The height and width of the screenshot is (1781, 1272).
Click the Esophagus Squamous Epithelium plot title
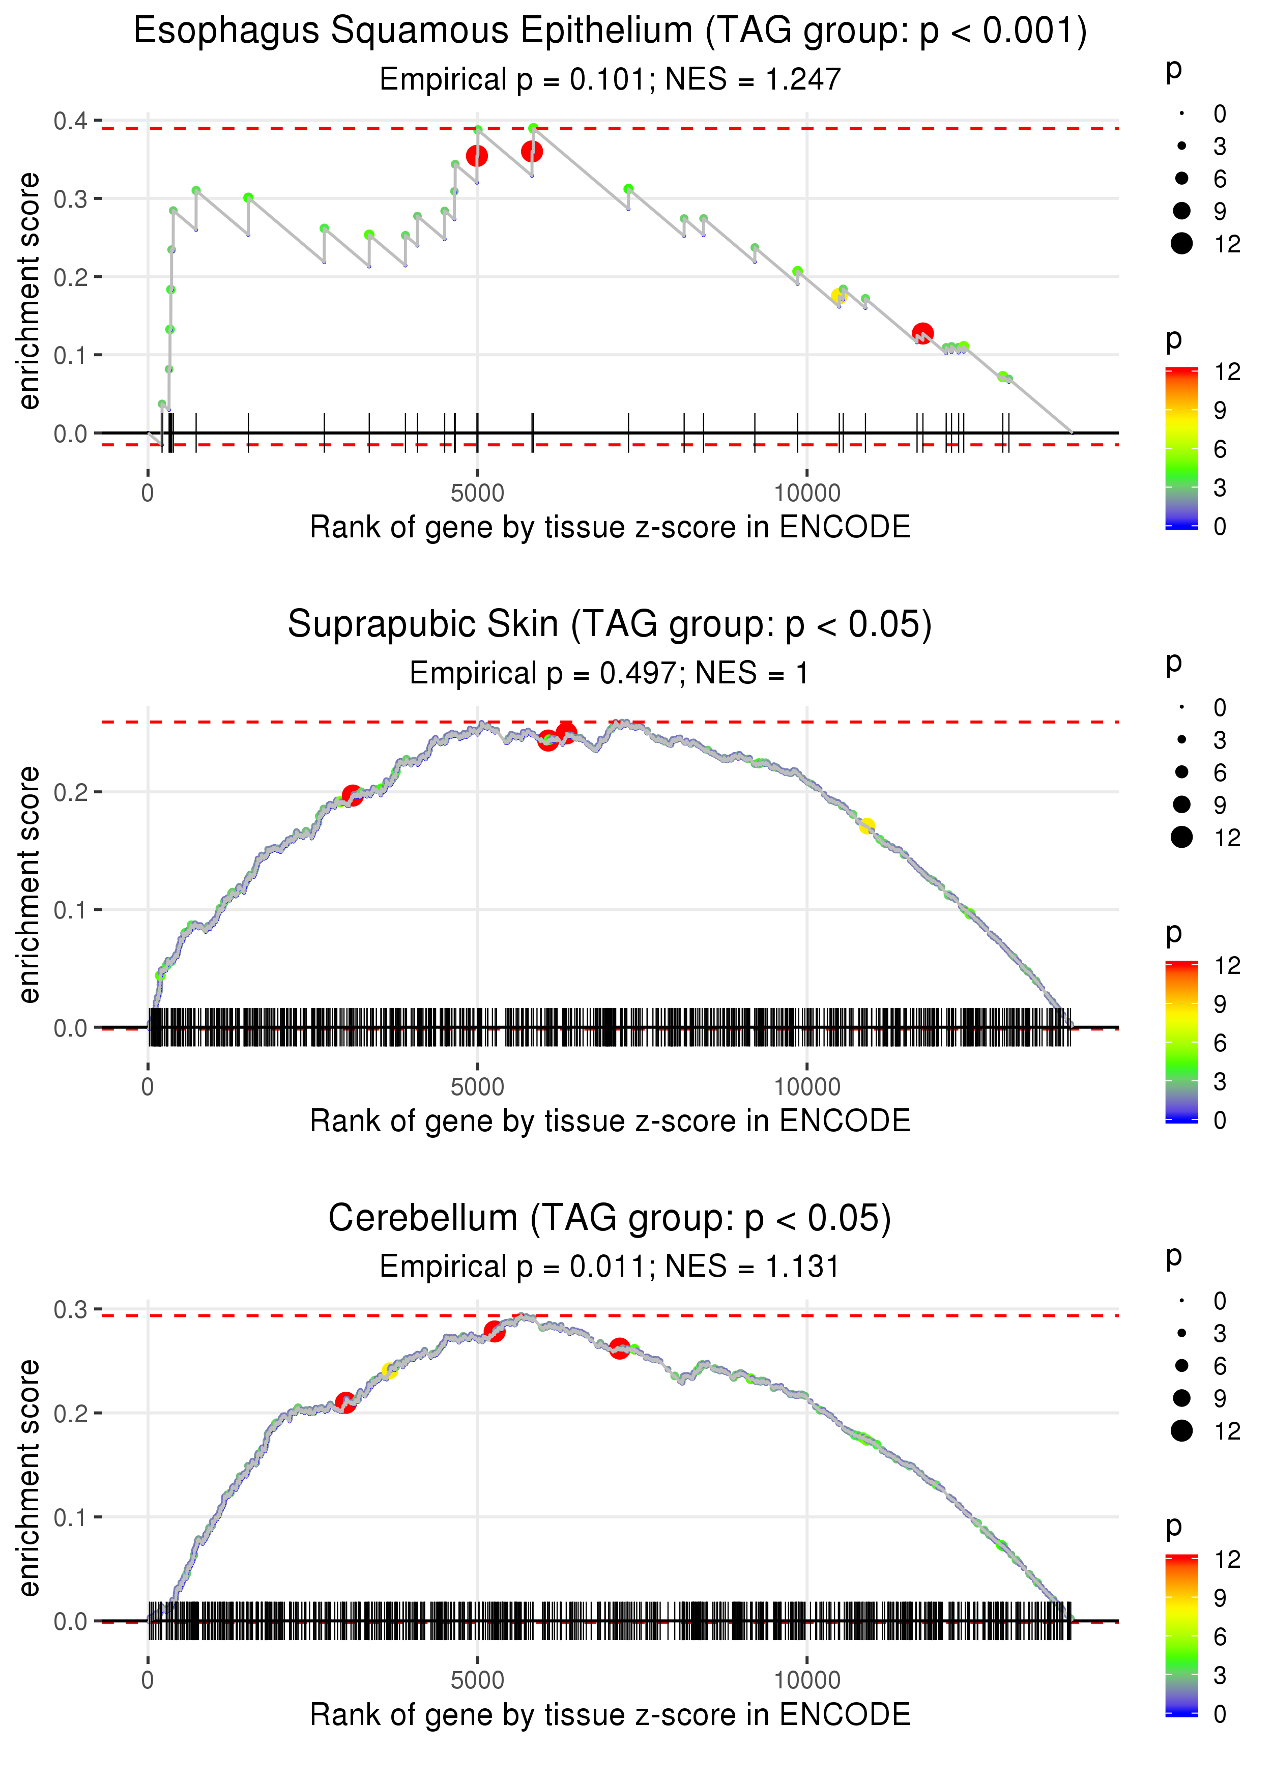click(610, 32)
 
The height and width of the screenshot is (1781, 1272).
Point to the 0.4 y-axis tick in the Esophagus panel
click(71, 121)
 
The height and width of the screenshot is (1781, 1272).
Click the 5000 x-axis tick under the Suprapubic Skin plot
click(477, 1086)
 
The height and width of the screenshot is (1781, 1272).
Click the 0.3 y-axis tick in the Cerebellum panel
click(71, 1309)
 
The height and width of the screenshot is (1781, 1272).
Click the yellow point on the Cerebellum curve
click(389, 1370)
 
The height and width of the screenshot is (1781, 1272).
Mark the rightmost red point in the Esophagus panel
click(922, 333)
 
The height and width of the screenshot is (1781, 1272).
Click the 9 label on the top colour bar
click(1220, 410)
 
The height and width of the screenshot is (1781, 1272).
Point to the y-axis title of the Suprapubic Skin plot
click(30, 884)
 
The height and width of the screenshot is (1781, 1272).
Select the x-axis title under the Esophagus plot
click(610, 527)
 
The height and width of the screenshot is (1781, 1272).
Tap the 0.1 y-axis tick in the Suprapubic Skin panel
click(71, 910)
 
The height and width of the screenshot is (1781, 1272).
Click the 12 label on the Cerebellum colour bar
click(1227, 1559)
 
